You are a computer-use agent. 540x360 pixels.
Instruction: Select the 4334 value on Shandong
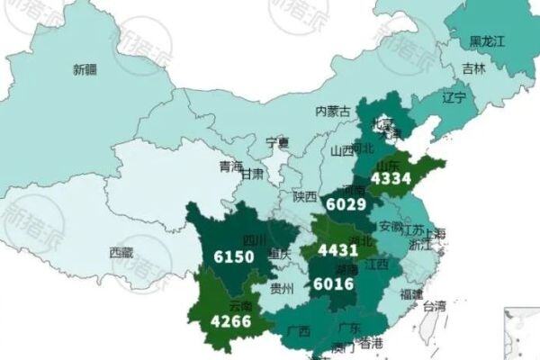(392, 180)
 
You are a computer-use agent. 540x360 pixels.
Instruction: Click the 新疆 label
(85, 68)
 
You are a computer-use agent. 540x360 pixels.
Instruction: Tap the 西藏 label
(121, 253)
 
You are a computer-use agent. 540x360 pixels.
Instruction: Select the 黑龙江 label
(489, 41)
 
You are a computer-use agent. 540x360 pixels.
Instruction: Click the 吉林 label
(473, 68)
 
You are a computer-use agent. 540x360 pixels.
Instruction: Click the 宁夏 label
(278, 142)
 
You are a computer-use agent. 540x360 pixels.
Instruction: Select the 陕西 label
(305, 196)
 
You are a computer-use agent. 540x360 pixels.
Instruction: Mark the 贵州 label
(283, 289)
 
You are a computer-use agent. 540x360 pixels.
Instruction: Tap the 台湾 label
(435, 306)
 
